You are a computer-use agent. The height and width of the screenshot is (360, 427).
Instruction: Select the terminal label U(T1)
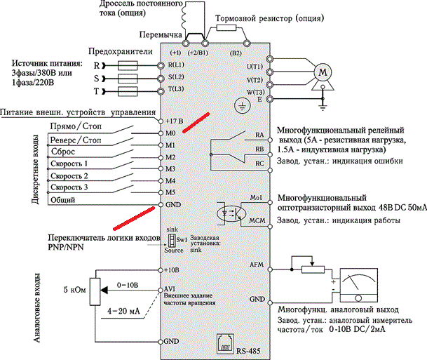[x=254, y=67]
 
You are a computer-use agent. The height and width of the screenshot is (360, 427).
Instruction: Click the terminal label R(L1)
[x=176, y=65]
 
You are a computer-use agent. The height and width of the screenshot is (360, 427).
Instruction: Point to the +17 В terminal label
[x=175, y=120]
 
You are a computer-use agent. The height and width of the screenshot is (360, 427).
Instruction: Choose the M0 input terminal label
[x=170, y=133]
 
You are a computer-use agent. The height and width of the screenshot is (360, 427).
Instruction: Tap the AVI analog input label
[x=170, y=289]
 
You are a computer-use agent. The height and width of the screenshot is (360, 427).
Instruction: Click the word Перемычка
[x=161, y=34]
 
